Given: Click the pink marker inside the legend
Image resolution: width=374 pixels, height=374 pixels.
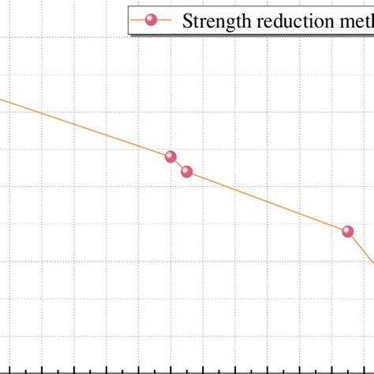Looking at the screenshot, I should pos(151,20).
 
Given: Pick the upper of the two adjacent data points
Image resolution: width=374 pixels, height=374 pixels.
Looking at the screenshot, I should pos(170,156).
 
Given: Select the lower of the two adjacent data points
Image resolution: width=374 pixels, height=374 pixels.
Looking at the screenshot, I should pos(187,171).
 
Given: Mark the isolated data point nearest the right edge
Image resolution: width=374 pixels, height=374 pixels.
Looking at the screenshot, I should pos(348,231).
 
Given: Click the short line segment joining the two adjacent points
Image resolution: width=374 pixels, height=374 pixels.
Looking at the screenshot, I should pos(179,164).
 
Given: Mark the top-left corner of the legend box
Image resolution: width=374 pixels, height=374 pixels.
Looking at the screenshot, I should pos(129,6).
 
